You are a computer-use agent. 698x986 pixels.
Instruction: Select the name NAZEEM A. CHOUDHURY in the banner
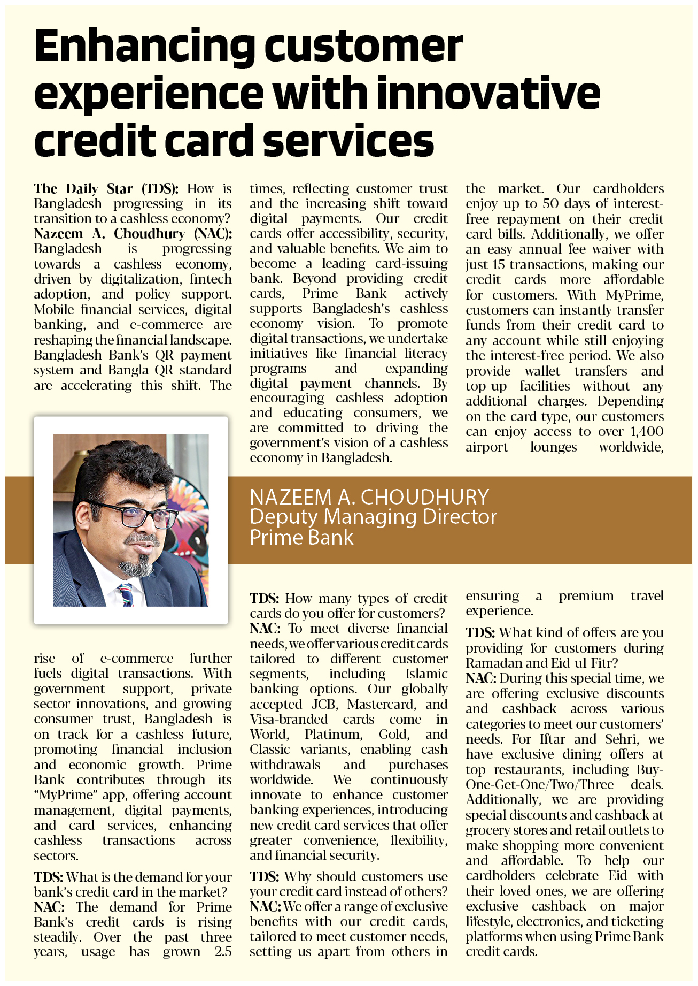click(369, 497)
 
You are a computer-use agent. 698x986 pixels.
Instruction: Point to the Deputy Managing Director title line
click(373, 517)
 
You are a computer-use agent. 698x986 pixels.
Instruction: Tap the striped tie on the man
click(126, 593)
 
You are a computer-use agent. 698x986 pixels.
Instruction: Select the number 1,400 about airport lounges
click(647, 432)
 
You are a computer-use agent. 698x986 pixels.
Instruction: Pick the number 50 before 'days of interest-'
click(551, 204)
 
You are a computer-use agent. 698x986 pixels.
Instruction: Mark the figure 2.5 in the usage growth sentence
click(223, 952)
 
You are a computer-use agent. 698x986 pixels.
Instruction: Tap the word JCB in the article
click(322, 704)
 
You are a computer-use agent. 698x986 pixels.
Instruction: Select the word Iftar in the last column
click(552, 739)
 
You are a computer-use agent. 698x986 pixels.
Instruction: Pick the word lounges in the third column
click(553, 447)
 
